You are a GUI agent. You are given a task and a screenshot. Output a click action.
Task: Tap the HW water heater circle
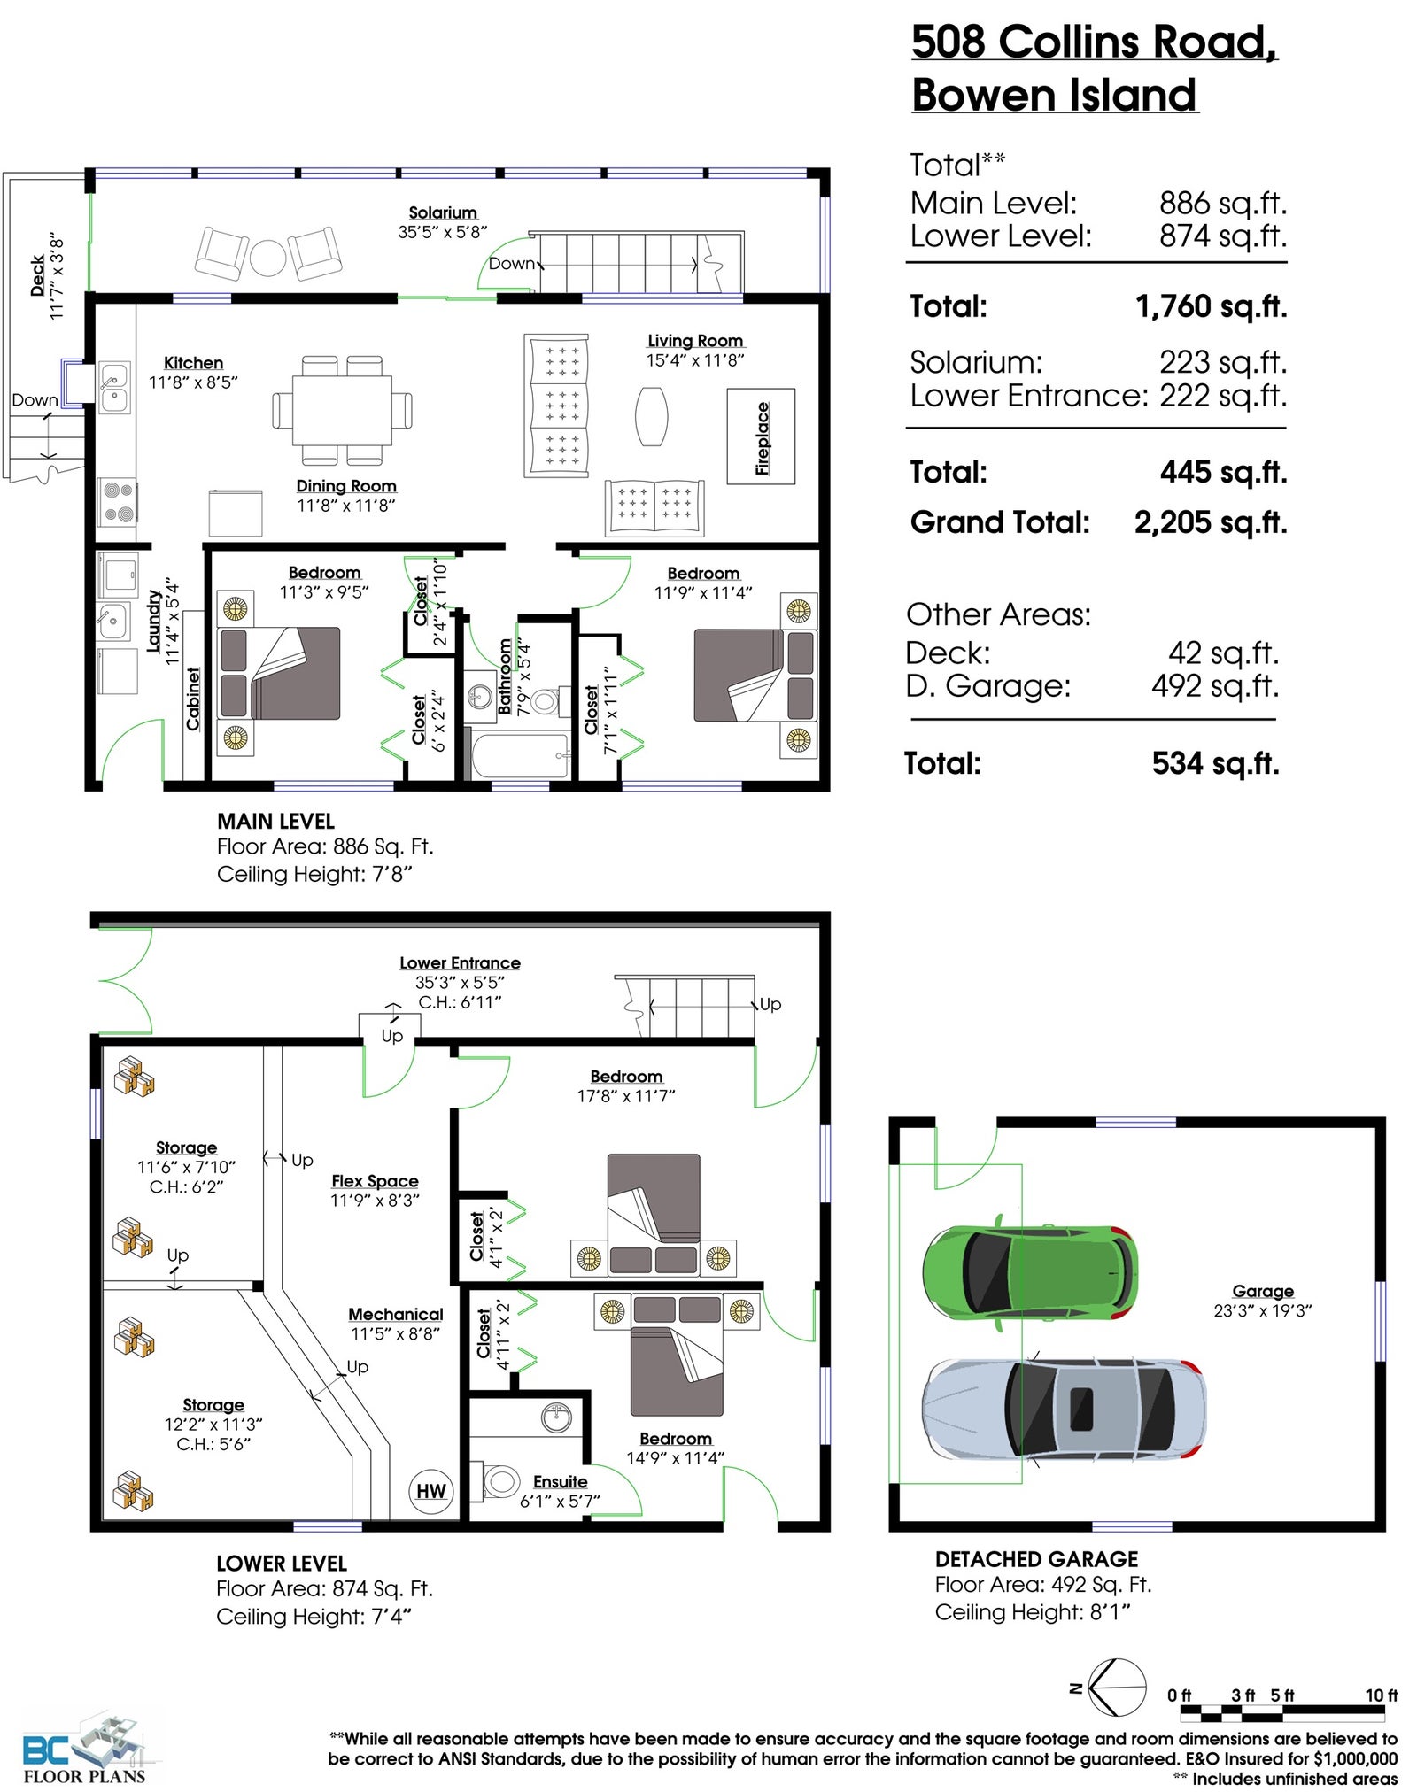pos(431,1491)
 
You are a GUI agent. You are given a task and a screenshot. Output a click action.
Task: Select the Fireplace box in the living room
pos(761,436)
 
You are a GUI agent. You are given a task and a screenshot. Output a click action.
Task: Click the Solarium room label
pos(443,212)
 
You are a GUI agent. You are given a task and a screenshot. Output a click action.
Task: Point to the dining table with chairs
pos(342,410)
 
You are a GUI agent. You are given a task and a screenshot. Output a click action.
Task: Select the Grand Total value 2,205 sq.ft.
pos(1211,522)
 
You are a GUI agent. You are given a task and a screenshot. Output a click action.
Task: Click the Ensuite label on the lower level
pos(560,1482)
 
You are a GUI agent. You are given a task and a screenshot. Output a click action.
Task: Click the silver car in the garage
pos(1064,1409)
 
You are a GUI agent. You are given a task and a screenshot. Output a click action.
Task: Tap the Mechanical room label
pos(395,1315)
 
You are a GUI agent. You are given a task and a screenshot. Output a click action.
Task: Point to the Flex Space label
pos(375,1181)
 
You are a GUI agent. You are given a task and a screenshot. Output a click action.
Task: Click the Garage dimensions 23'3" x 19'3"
pos(1262,1310)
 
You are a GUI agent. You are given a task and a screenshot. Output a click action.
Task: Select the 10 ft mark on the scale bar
pos(1381,1695)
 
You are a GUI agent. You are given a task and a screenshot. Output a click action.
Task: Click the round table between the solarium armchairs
pos(267,258)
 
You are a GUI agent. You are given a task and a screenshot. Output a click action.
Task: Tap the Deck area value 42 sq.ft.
pos(1223,653)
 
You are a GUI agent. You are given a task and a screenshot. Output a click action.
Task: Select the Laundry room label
pos(154,622)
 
